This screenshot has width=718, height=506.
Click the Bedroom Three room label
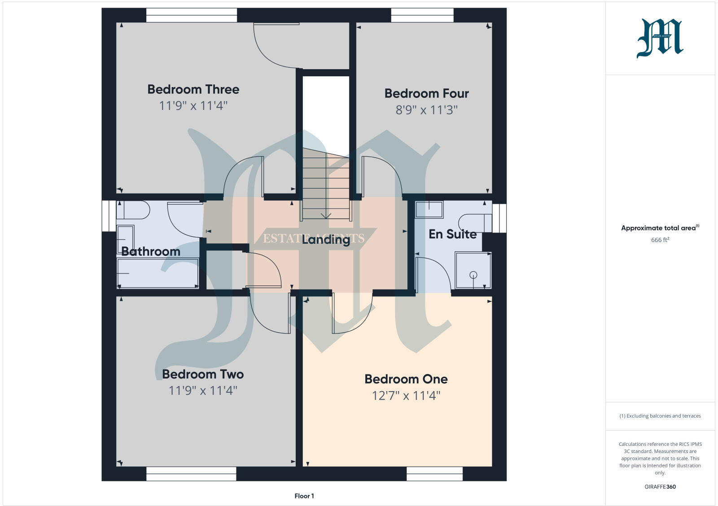(x=193, y=89)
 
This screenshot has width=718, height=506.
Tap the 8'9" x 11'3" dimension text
(x=426, y=110)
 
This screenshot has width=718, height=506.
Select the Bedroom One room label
(x=406, y=379)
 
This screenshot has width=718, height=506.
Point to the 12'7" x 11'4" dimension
(x=406, y=396)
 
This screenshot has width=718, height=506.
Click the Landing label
(x=326, y=239)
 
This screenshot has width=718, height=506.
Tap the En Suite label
(x=452, y=234)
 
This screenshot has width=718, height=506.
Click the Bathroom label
(x=151, y=251)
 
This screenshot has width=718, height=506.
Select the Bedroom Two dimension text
(x=202, y=391)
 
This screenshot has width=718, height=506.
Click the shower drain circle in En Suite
(x=473, y=275)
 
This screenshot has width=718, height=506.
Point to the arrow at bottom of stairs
(x=326, y=216)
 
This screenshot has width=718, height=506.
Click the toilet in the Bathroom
(x=133, y=210)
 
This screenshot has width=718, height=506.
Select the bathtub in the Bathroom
(x=158, y=273)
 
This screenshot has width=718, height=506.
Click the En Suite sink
(x=429, y=210)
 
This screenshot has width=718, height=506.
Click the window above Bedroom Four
(x=422, y=15)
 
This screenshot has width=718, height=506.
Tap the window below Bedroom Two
(x=191, y=474)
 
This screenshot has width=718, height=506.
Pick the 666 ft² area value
(x=660, y=240)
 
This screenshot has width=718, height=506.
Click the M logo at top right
(x=660, y=38)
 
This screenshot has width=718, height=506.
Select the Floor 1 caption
(x=304, y=496)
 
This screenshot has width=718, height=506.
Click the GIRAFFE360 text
(x=660, y=487)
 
